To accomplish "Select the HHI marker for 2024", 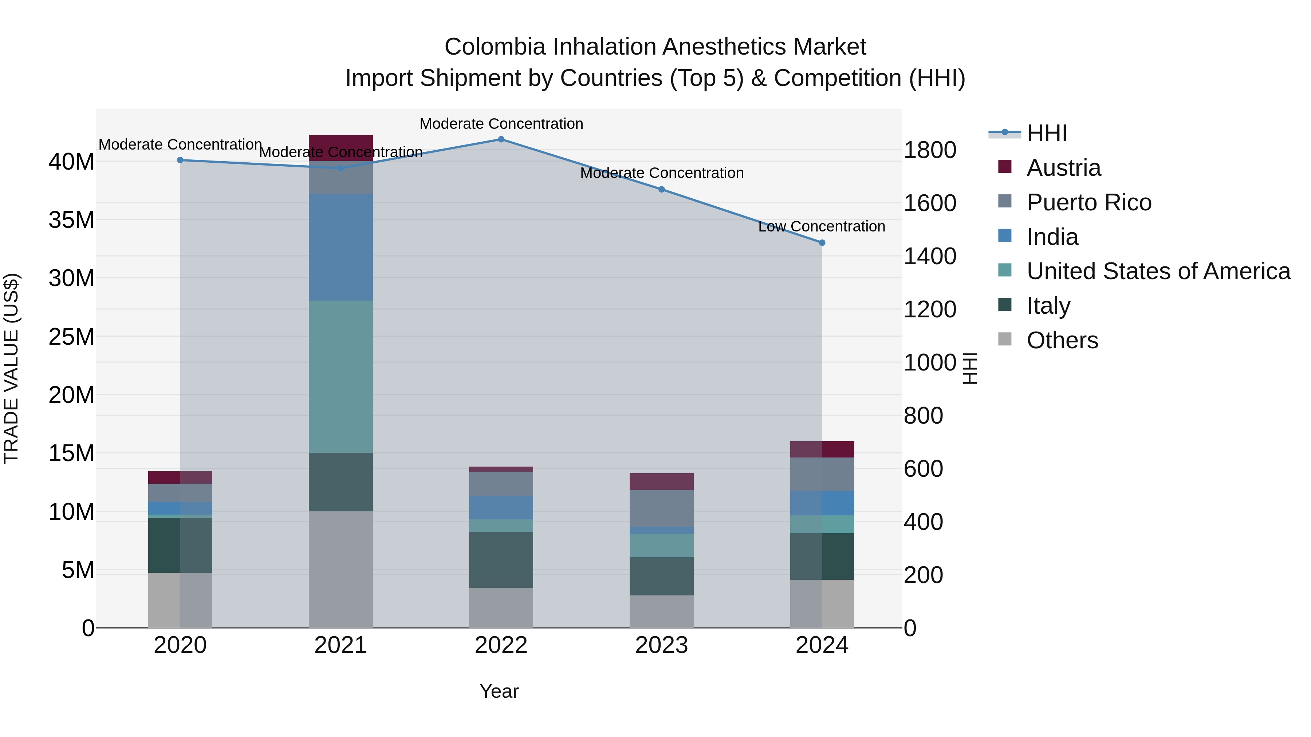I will coord(822,243).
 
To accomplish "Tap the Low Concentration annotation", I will coord(822,226).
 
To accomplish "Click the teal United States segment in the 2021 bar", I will coord(340,376).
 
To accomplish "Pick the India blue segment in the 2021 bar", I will coord(340,247).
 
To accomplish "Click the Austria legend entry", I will coord(1064,168).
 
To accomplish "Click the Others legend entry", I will coord(1062,340).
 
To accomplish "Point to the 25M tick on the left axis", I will coord(71,337).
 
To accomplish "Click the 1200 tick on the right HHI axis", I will coord(929,309).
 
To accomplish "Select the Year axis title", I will coord(499,691).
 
